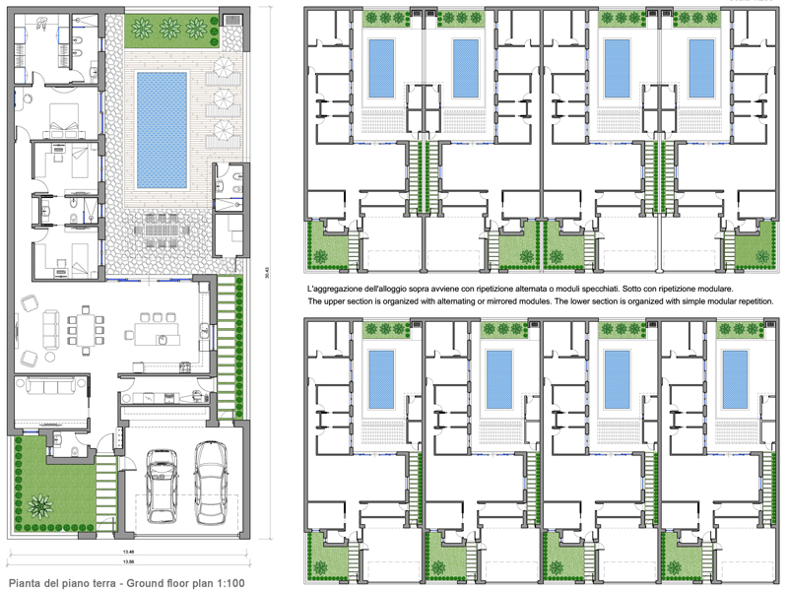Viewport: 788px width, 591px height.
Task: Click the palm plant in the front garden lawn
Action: point(40,506)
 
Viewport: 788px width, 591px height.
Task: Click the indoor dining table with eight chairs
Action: point(87,329)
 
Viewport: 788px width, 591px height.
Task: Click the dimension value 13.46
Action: point(128,553)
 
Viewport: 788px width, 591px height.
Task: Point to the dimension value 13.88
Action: point(128,561)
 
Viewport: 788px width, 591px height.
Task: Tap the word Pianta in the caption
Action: point(26,584)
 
